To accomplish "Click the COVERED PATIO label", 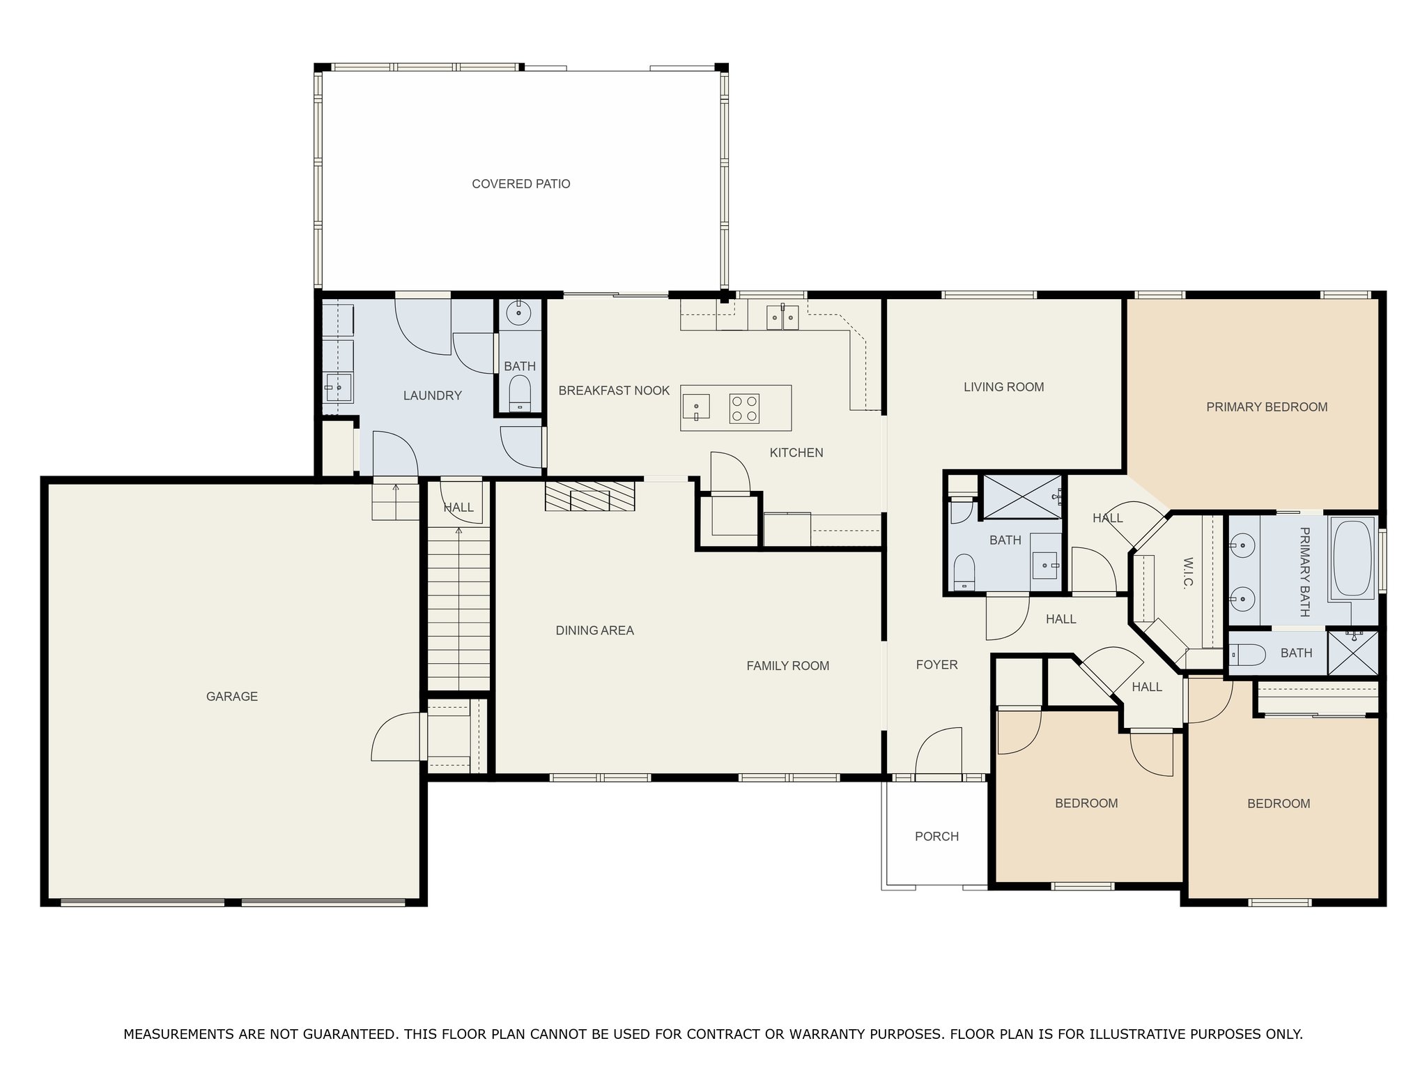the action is pos(521,184).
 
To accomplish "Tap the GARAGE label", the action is pos(232,696).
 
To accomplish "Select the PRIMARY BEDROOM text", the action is pos(1267,407).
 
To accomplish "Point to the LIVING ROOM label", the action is pos(1003,387).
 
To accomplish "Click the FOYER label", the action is pos(936,664).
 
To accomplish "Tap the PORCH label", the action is pos(936,836).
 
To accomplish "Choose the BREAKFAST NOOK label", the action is pos(614,390).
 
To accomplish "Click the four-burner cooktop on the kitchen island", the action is pos(744,409).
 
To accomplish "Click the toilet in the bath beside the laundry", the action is pos(520,394).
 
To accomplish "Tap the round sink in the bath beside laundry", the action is pos(518,313).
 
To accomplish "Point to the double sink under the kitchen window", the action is pos(783,317).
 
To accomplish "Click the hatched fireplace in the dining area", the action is pos(589,496).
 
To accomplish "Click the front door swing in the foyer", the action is pos(939,751).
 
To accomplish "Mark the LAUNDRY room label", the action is pos(432,396).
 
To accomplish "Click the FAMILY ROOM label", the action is pos(787,666).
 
